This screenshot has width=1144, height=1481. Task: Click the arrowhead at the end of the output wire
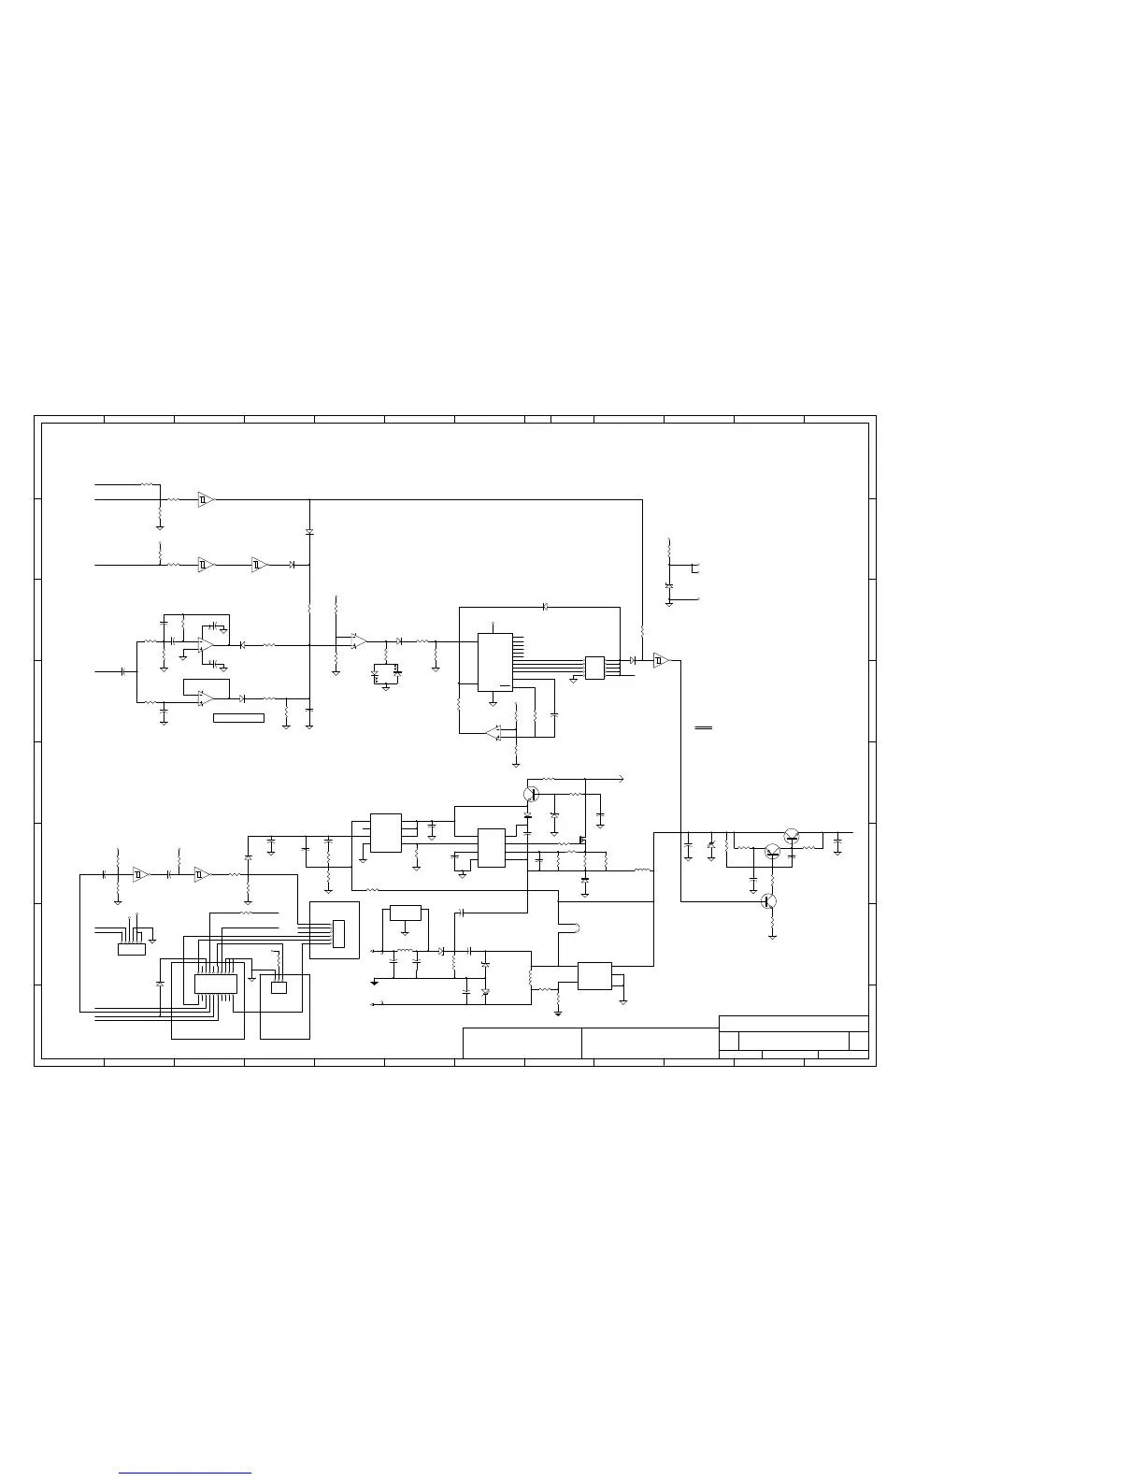point(622,778)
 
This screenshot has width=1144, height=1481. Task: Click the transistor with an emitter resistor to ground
point(768,901)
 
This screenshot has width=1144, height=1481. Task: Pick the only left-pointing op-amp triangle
point(493,732)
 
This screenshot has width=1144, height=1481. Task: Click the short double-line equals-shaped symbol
point(704,726)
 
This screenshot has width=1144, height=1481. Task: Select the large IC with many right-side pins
point(494,662)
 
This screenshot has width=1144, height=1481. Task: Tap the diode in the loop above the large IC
point(545,607)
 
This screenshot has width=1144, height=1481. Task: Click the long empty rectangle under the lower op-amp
point(238,718)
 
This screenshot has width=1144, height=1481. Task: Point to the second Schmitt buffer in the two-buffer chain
point(259,565)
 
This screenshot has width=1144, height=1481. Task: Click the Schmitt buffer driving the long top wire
point(206,500)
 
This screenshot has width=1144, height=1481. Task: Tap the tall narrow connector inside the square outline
point(337,933)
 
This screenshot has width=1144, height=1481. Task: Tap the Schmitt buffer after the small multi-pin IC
point(662,660)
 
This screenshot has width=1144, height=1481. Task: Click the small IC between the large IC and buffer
point(594,668)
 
